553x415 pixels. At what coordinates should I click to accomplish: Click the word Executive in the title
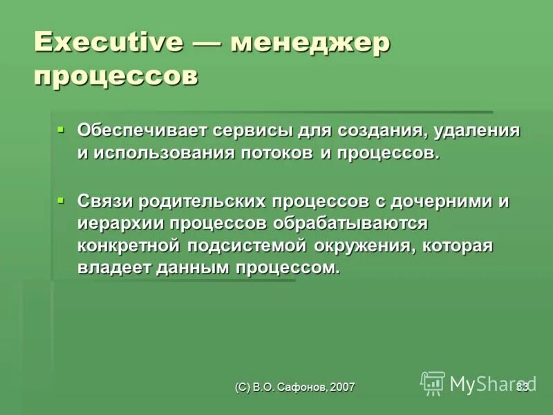click(x=109, y=43)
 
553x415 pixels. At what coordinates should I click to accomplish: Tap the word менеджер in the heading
click(x=311, y=43)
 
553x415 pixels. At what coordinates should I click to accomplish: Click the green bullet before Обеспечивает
click(x=60, y=129)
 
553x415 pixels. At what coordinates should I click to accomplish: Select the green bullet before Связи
click(x=60, y=200)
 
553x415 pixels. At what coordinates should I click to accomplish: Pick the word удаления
click(x=471, y=130)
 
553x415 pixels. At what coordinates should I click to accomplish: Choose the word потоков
click(x=276, y=153)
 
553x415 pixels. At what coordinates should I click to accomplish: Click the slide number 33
click(x=522, y=387)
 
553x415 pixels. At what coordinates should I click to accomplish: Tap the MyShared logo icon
click(x=433, y=382)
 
